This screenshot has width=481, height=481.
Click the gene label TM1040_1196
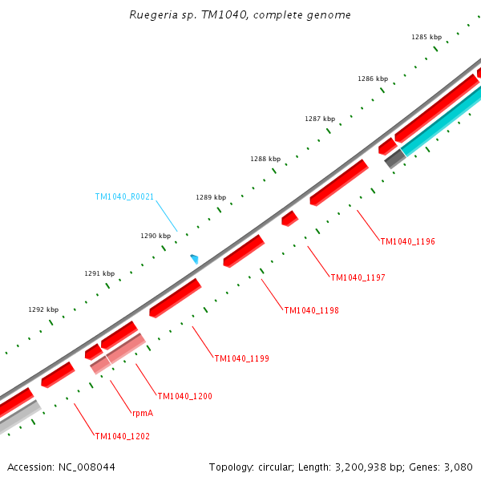[x=407, y=241]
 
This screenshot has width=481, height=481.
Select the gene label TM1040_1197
[x=358, y=277]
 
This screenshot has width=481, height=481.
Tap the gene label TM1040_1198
[x=311, y=310]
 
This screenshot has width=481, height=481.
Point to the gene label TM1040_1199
[x=241, y=358]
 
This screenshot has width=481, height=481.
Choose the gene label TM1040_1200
[x=184, y=396]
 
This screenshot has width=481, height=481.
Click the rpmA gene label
[x=143, y=414]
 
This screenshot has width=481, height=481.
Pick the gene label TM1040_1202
[x=122, y=436]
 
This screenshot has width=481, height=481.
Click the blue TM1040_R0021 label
[x=124, y=196]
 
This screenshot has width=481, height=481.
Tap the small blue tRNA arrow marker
[x=194, y=258]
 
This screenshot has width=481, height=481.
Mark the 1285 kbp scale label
[x=426, y=37]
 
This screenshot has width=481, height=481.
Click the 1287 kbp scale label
[x=319, y=119]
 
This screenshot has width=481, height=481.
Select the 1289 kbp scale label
[x=211, y=197]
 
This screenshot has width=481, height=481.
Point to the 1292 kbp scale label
[x=43, y=309]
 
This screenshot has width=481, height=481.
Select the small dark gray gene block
[x=394, y=160]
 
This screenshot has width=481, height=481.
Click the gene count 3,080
[x=459, y=467]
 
